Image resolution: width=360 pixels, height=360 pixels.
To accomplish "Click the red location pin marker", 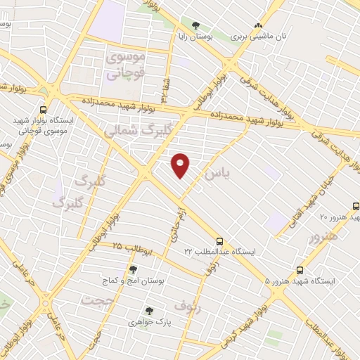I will [181, 165].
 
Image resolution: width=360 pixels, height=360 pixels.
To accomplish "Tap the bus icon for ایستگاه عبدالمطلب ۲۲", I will [220, 240].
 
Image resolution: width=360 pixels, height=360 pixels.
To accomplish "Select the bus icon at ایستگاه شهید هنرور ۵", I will [300, 270].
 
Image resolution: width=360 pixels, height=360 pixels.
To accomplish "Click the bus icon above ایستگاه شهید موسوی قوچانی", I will [44, 109].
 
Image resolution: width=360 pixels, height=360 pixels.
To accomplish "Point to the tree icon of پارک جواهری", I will [148, 311].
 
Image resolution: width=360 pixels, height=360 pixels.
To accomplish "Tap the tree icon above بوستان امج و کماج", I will [134, 269].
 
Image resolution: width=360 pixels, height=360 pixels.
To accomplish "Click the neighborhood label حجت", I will [96, 300].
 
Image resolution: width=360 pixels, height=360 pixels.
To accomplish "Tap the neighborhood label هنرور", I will [323, 236].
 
